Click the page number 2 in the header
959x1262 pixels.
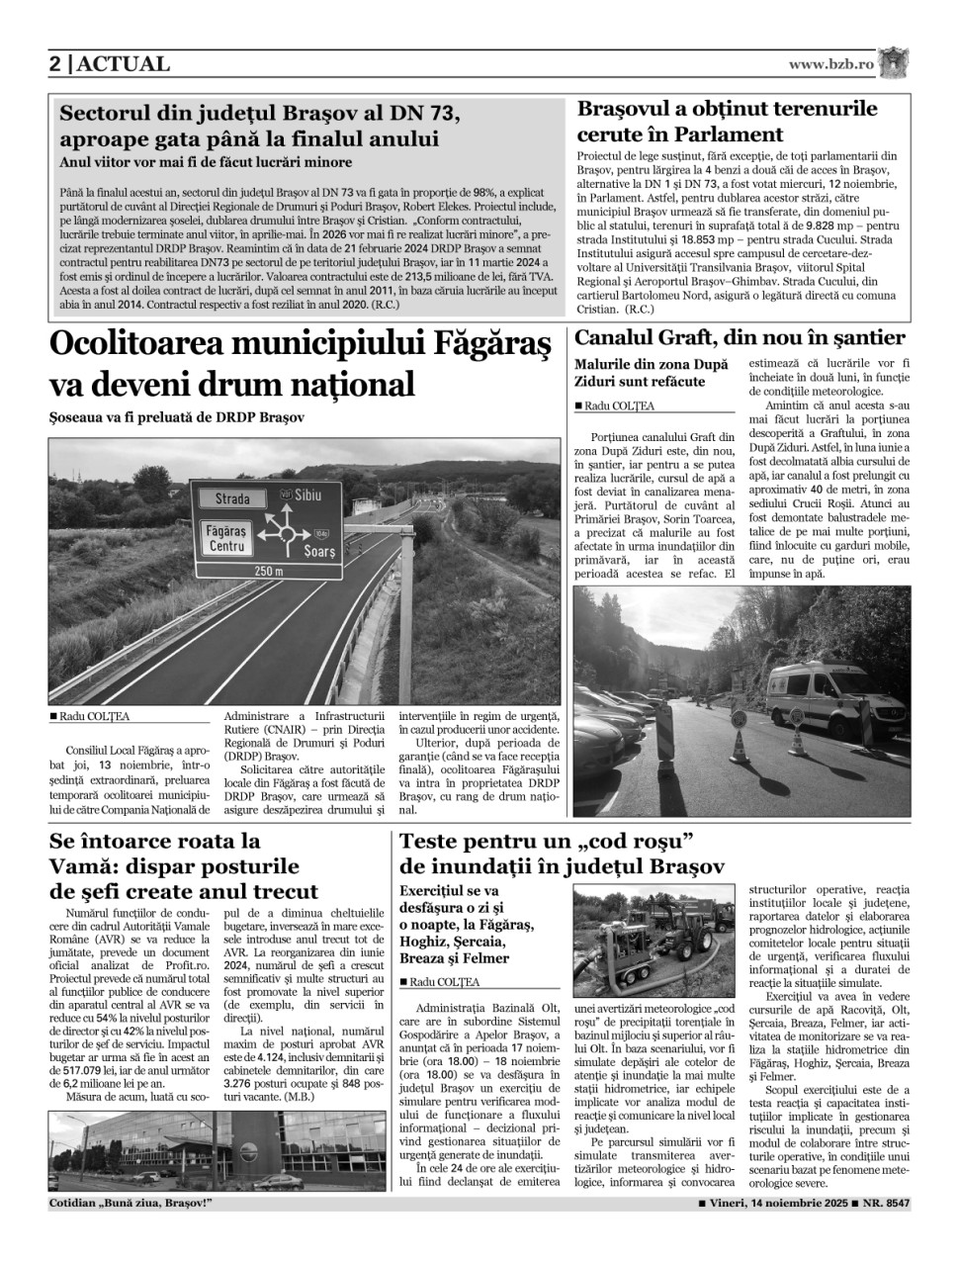[x=56, y=64]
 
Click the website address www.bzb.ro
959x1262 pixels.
[x=830, y=64]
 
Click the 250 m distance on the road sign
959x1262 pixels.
[x=268, y=571]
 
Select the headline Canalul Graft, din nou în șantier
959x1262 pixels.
[x=740, y=338]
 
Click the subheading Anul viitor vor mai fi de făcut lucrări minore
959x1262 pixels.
[x=206, y=162]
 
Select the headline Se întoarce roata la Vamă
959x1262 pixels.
[x=184, y=866]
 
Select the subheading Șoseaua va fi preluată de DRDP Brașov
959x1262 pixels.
[x=178, y=417]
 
